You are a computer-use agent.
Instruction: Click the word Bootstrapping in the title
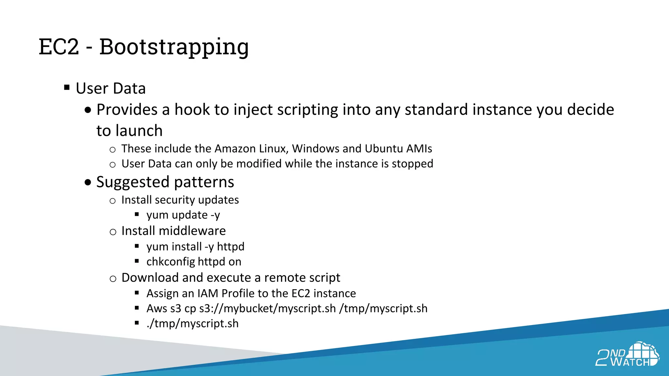pyautogui.click(x=174, y=47)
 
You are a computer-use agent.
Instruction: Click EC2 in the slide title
pyautogui.click(x=59, y=47)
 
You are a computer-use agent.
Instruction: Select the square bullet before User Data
pyautogui.click(x=67, y=87)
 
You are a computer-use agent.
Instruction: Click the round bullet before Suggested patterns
pyautogui.click(x=88, y=182)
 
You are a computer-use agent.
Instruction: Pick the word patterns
pyautogui.click(x=204, y=182)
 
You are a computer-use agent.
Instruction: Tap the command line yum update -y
pyautogui.click(x=183, y=215)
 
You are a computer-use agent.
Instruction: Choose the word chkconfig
pyautogui.click(x=171, y=262)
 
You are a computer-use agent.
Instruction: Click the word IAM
pyautogui.click(x=208, y=293)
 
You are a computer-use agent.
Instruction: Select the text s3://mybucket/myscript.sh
pyautogui.click(x=268, y=308)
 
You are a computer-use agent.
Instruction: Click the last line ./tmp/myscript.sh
pyautogui.click(x=192, y=323)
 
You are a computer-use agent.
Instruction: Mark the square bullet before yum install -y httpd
pyautogui.click(x=137, y=246)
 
